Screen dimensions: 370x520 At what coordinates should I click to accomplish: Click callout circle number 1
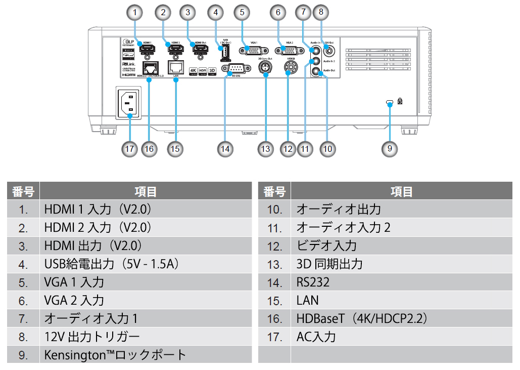[x=134, y=12]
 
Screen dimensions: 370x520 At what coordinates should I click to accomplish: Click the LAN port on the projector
[x=176, y=67]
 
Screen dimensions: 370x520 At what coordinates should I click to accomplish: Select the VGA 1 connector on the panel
[x=252, y=50]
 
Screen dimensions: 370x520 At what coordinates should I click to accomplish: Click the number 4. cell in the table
[x=23, y=264]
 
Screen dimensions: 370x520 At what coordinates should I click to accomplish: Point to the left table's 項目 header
[x=146, y=191]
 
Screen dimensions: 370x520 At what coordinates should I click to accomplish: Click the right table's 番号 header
[x=274, y=191]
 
